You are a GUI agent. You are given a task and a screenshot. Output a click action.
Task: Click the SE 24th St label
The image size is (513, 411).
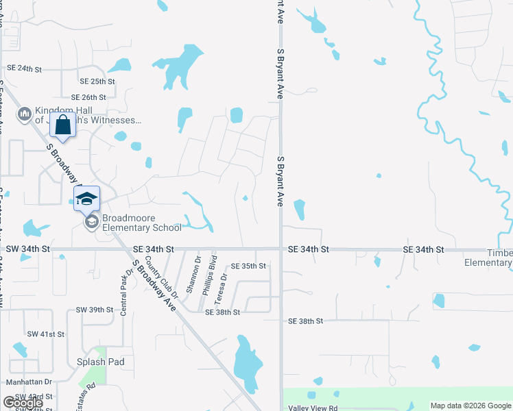(24, 68)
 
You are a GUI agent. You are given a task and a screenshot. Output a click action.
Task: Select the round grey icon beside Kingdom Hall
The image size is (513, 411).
(25, 113)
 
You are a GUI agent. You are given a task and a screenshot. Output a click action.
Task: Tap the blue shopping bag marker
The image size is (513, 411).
(62, 126)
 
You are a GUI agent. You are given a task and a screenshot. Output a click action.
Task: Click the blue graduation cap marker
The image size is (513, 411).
(86, 199)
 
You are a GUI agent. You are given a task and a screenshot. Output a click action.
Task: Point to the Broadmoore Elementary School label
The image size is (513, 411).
(142, 223)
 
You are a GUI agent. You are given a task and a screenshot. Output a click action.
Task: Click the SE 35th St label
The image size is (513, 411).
(248, 266)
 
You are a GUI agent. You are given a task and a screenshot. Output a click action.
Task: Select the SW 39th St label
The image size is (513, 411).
(94, 310)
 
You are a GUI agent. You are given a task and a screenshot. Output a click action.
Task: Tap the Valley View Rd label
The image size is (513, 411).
(313, 408)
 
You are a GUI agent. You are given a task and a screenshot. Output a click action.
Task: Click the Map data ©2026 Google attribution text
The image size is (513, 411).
(470, 406)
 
